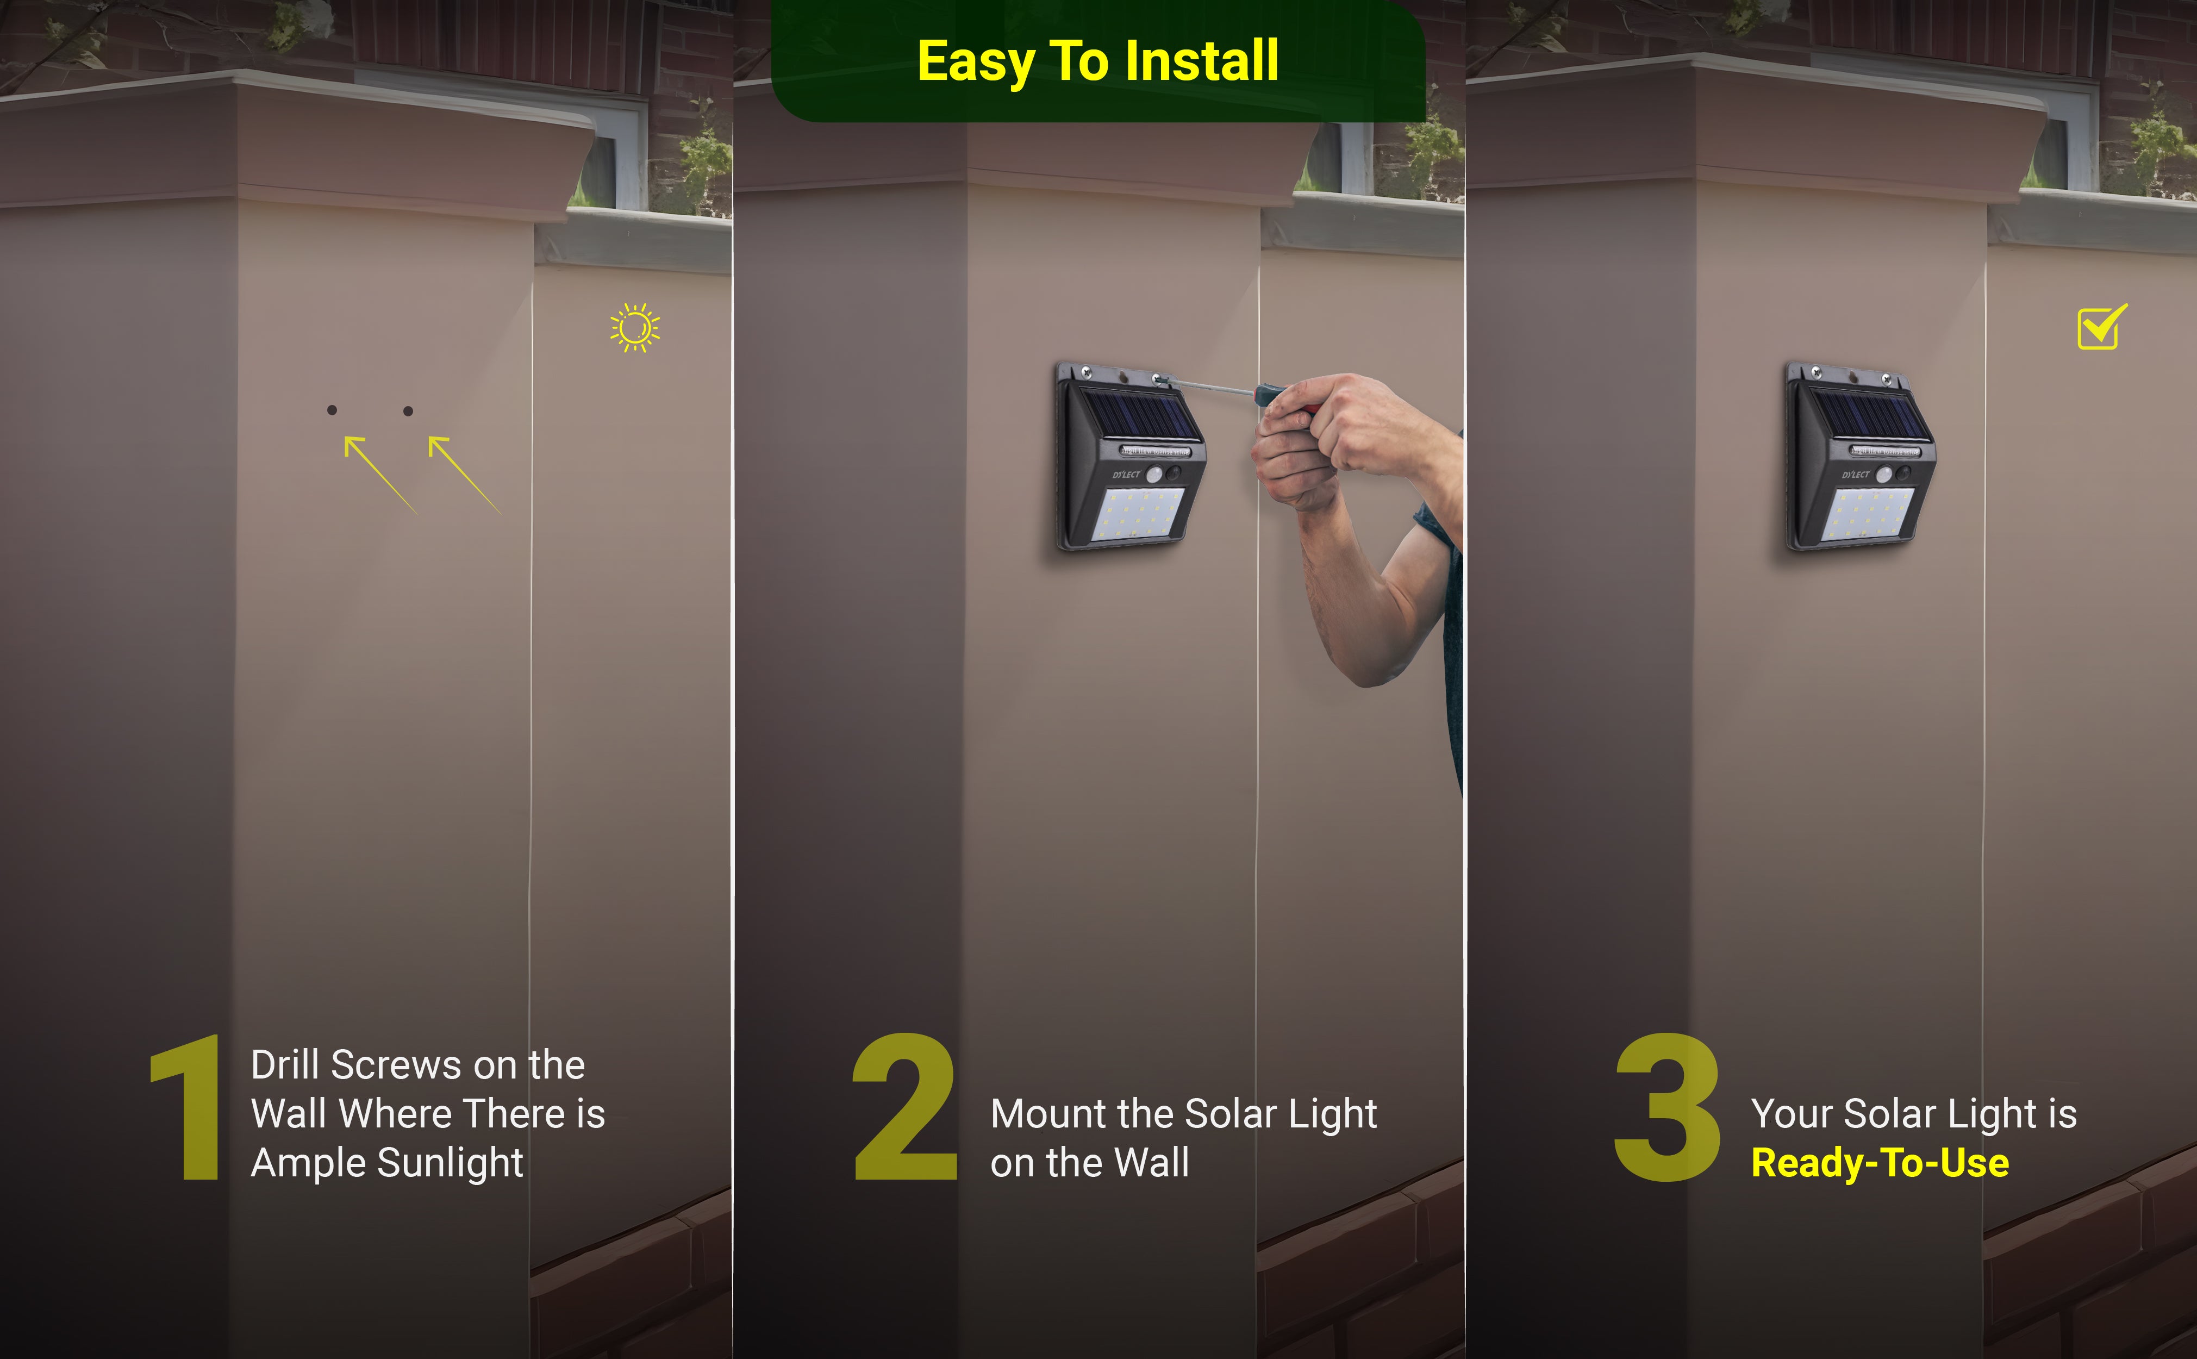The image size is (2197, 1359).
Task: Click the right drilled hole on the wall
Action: (408, 411)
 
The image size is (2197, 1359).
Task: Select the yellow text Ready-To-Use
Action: (1880, 1163)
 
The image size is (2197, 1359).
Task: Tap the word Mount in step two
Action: (1048, 1114)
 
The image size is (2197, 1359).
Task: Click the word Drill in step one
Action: (286, 1065)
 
